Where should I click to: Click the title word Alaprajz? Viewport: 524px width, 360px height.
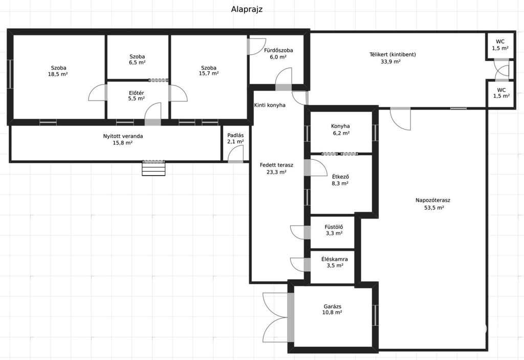point(247,9)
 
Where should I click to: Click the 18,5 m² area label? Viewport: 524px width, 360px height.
point(58,74)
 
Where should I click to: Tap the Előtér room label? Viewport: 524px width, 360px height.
point(136,93)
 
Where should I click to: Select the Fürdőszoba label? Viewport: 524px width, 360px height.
point(278,50)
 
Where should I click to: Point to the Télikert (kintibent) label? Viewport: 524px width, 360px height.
point(392,54)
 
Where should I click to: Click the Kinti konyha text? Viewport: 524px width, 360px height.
point(270,105)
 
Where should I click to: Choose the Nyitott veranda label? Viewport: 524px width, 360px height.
point(123,136)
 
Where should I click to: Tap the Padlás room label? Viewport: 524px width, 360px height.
point(235,136)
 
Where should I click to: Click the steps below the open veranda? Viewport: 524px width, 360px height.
point(154,168)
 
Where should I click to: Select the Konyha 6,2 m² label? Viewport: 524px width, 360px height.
point(340,130)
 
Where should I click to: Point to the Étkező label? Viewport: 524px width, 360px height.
point(340,177)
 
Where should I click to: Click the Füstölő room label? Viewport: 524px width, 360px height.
point(334,227)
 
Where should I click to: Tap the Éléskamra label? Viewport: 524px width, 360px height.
point(335,259)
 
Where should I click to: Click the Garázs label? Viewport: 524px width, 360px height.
point(333,306)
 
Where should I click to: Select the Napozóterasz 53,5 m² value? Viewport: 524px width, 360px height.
point(434,208)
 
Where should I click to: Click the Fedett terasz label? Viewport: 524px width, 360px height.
point(277,165)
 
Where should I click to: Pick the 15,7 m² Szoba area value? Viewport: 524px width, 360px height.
point(209,73)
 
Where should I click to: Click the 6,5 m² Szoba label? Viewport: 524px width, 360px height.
point(137,59)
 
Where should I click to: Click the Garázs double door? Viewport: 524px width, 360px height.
point(291,317)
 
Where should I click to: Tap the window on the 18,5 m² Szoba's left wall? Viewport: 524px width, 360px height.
point(11,74)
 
